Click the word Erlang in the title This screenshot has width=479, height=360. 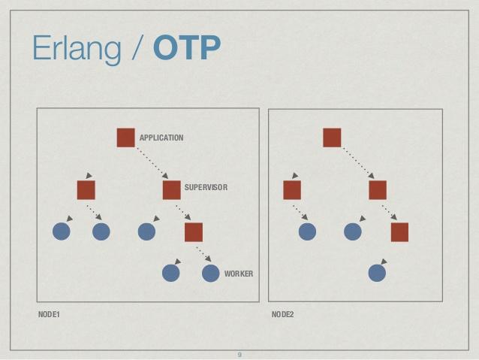[77, 49]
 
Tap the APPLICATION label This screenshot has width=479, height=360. [161, 138]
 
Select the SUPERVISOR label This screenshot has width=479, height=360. [206, 187]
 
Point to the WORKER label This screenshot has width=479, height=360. [239, 274]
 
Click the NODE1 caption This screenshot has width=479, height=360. [49, 313]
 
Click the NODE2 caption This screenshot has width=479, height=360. [282, 313]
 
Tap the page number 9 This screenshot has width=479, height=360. [239, 354]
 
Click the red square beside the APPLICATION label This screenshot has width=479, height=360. [126, 138]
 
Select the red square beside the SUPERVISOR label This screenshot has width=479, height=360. [172, 190]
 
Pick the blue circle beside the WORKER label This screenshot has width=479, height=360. [211, 273]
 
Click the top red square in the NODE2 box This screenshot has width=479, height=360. [332, 138]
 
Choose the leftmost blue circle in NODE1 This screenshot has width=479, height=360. [62, 231]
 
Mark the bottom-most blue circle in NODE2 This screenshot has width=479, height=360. [377, 273]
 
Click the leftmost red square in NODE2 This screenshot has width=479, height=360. [292, 190]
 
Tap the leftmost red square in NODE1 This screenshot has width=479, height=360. [86, 190]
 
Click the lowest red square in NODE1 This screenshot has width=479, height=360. [194, 232]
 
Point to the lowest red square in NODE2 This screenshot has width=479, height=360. [399, 231]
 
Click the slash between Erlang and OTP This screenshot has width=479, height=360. [136, 49]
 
